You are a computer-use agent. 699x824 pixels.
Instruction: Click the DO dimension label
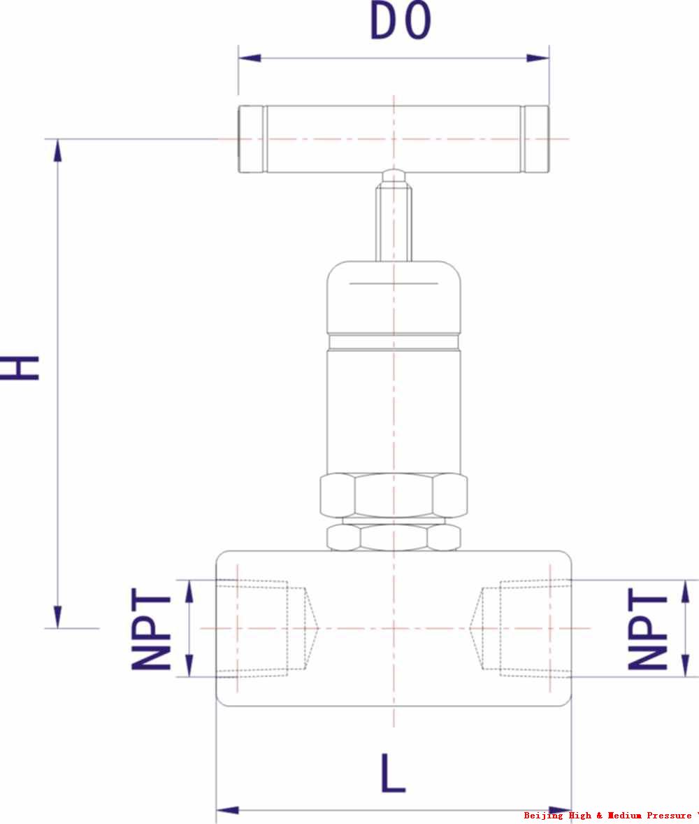[x=401, y=21]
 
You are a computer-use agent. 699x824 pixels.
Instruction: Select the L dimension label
[x=392, y=773]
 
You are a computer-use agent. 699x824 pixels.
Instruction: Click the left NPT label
[x=151, y=629]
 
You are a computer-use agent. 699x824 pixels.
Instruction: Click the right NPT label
[x=647, y=629]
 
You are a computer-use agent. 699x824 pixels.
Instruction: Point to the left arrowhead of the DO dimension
[x=250, y=58]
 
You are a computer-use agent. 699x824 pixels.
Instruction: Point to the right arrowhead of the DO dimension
[x=538, y=58]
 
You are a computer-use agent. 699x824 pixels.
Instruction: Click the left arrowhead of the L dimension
[x=228, y=810]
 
